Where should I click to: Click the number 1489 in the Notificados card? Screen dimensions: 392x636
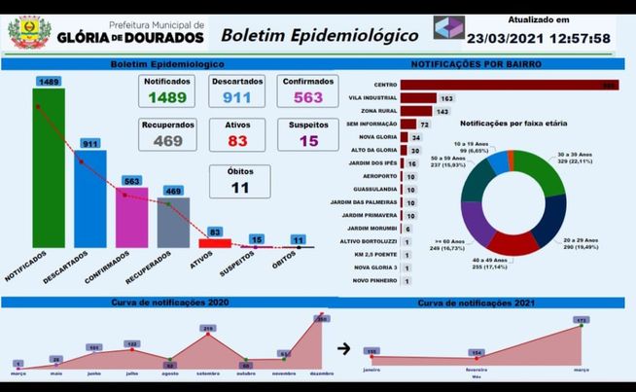coord(166,98)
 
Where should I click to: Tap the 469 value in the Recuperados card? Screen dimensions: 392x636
coord(166,142)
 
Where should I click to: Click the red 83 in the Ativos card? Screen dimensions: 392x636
coord(237,142)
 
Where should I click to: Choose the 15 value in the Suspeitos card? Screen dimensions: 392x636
coord(308,142)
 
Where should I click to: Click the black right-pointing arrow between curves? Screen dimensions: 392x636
coord(342,347)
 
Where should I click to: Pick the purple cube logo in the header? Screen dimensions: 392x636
coord(448,27)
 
